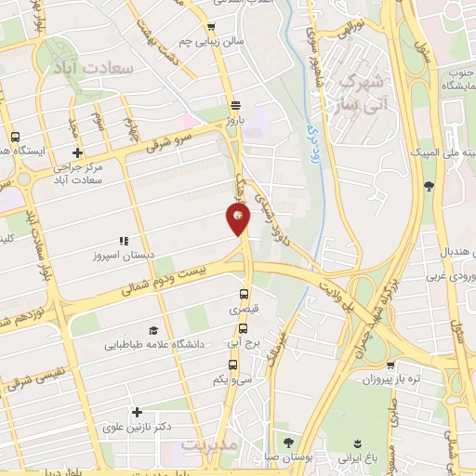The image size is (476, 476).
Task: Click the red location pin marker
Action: [x=238, y=218]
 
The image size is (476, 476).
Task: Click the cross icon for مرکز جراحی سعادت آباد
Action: [x=77, y=152]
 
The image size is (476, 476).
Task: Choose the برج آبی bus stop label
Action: [x=245, y=341]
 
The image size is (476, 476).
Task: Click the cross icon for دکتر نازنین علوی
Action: [x=138, y=412]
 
